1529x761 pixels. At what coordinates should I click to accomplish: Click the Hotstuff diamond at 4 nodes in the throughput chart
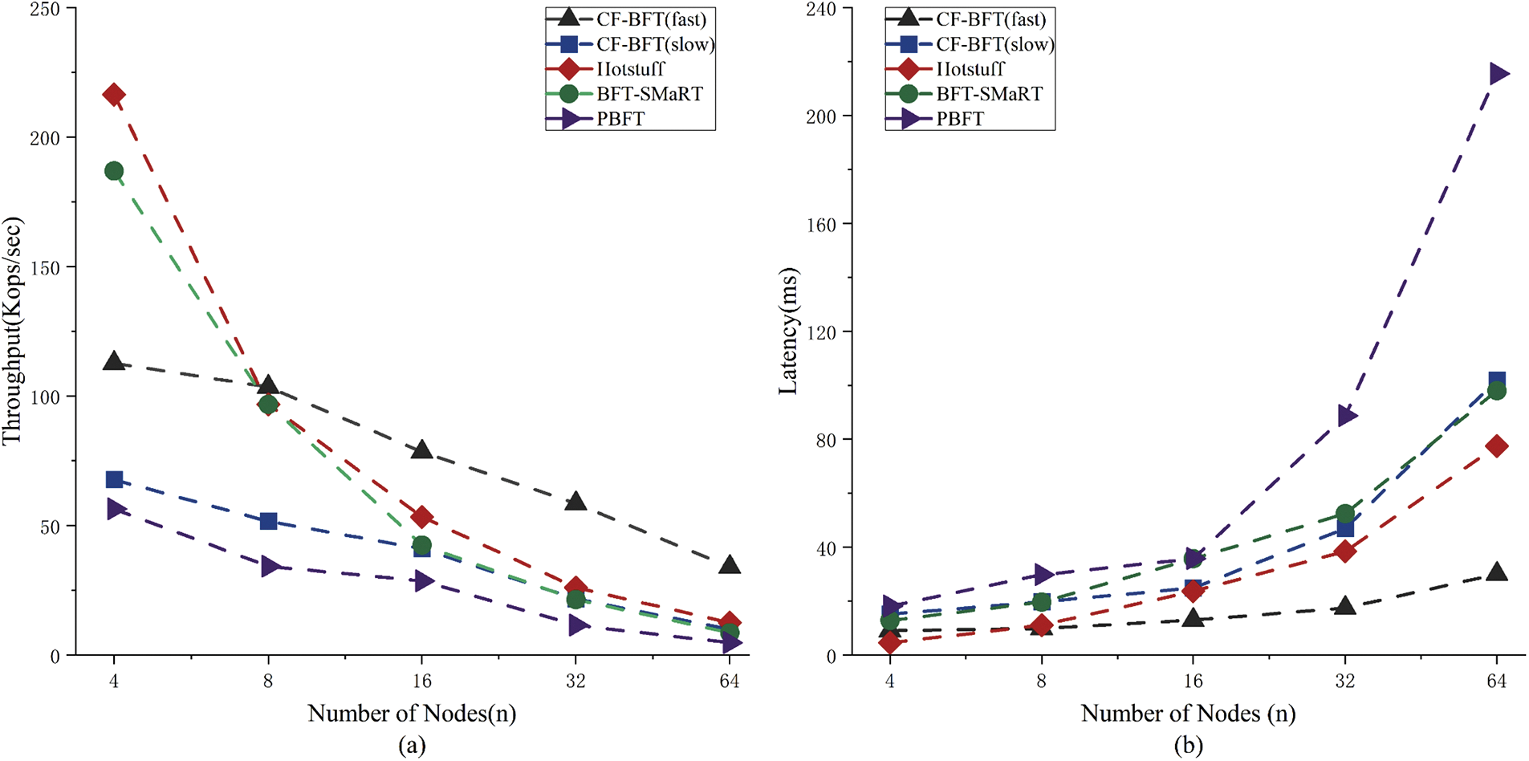click(x=114, y=95)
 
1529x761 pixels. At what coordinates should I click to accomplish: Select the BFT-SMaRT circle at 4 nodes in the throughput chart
click(x=114, y=171)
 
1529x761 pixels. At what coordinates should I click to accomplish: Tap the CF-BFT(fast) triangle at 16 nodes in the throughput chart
click(x=422, y=450)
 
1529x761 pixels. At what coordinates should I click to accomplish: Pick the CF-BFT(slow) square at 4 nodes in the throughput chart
click(x=114, y=480)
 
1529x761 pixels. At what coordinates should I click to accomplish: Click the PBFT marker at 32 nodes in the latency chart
click(x=1347, y=416)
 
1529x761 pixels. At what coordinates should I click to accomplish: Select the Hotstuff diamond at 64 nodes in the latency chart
click(x=1497, y=446)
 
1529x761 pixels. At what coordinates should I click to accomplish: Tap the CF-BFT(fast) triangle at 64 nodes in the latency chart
click(x=1497, y=572)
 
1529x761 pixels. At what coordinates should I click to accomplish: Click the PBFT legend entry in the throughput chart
click(x=620, y=119)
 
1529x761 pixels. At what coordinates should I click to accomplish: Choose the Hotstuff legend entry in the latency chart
click(x=970, y=69)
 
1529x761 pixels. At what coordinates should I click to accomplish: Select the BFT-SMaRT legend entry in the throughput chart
click(x=649, y=94)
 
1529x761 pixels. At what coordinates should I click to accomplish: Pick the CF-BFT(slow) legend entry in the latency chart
click(x=994, y=44)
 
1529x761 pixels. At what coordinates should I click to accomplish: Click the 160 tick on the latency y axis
click(x=820, y=225)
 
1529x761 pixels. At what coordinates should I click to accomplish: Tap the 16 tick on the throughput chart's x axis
click(x=422, y=682)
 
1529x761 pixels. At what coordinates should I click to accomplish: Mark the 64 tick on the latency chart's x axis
click(x=1497, y=682)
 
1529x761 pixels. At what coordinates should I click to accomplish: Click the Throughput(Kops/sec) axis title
click(x=12, y=331)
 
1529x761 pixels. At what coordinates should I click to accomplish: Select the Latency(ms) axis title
click(x=788, y=331)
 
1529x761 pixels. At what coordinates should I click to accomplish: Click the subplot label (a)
click(x=412, y=746)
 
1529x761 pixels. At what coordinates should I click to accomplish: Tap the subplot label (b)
click(x=1189, y=746)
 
